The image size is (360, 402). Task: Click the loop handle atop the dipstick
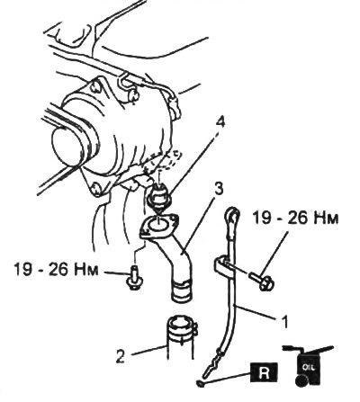[233, 214]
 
